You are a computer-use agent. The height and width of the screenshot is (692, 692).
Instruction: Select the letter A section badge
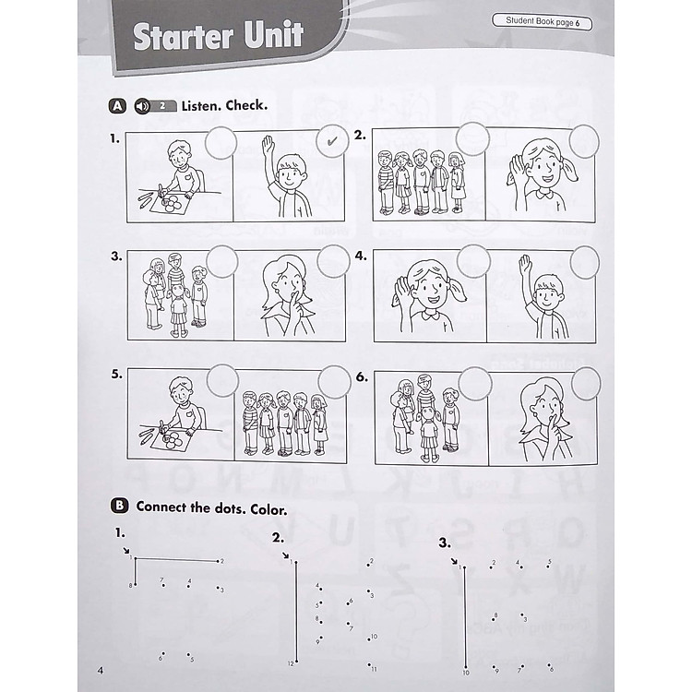[117, 105]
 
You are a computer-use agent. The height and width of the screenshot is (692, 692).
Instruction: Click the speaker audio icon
[143, 105]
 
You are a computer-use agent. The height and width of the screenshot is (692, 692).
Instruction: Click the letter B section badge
[118, 506]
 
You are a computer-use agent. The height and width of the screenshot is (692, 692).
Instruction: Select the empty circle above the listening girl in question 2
[583, 140]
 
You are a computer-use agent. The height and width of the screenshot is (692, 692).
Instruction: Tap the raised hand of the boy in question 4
[525, 268]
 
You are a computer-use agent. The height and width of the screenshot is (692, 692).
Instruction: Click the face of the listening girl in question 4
[428, 292]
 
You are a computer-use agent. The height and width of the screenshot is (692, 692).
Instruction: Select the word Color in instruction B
[266, 507]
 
